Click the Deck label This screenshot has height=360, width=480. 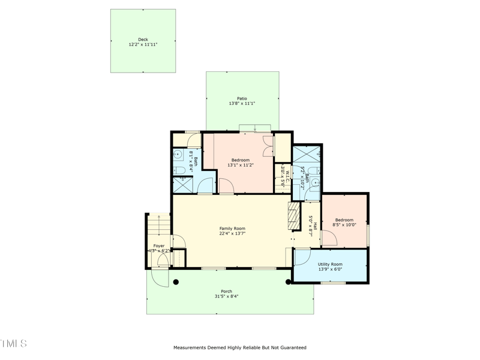143,40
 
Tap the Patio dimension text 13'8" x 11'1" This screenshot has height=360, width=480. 242,104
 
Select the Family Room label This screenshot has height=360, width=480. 232,229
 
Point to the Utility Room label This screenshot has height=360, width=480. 330,264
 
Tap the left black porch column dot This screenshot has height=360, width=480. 176,281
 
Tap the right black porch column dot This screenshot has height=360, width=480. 288,281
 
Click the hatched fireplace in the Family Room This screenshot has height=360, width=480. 293,216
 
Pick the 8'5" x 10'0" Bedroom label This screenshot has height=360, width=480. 344,220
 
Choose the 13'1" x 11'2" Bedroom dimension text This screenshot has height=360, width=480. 241,165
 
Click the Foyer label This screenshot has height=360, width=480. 158,246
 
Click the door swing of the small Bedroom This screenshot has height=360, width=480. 329,239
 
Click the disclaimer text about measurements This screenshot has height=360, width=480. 240,347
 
